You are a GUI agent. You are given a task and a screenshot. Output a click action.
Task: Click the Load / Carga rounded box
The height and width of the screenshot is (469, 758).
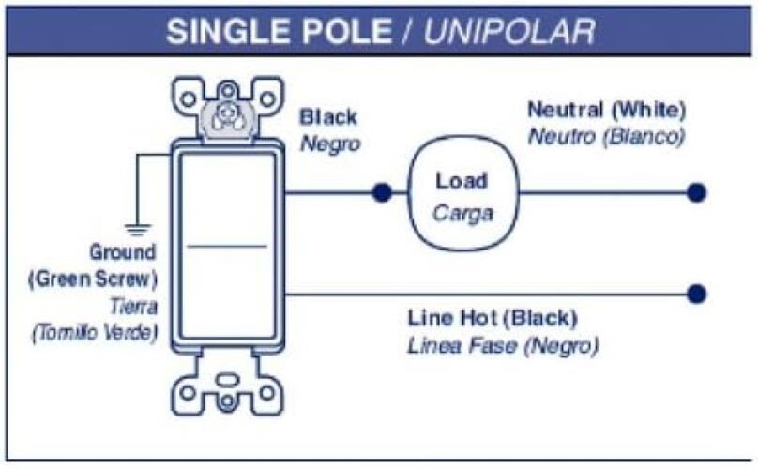[x=463, y=195]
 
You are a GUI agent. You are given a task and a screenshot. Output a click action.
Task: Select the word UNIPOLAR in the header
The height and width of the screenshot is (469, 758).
[x=510, y=32]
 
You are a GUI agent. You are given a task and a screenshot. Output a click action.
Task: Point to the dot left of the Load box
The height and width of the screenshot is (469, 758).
[x=381, y=193]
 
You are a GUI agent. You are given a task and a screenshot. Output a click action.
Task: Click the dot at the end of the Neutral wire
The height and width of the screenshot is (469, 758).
[x=695, y=193]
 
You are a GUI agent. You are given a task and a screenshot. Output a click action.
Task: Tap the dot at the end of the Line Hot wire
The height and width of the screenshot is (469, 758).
[x=695, y=294]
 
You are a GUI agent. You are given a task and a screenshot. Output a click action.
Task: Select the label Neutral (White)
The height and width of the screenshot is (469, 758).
[x=607, y=110]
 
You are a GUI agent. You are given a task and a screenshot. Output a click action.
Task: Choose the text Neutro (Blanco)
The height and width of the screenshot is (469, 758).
[x=606, y=135]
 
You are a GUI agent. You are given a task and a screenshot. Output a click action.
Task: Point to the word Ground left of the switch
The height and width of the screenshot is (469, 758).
[x=122, y=252]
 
